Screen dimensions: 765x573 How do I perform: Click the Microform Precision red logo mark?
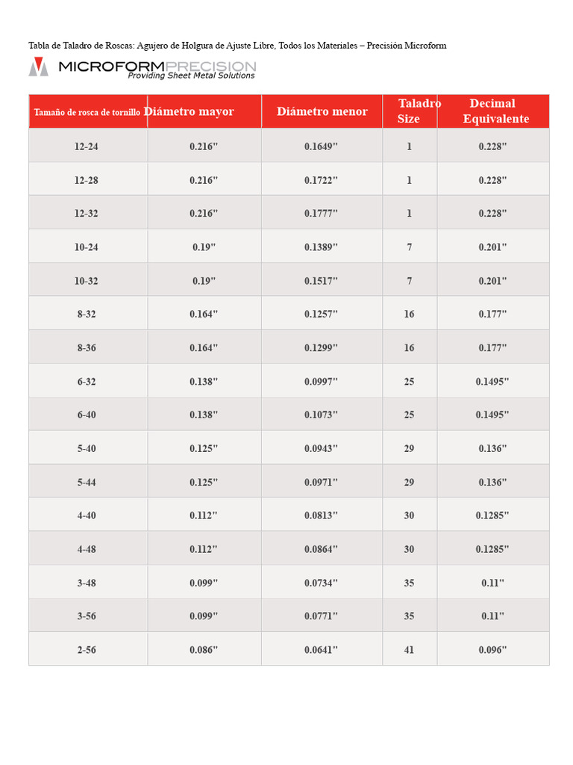(38, 66)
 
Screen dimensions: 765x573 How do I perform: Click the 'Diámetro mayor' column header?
(189, 112)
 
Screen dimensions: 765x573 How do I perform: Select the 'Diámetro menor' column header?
(322, 112)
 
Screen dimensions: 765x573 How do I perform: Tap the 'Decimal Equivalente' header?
(494, 111)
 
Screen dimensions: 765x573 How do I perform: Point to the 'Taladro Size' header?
(410, 111)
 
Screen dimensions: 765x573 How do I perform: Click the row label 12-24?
(87, 146)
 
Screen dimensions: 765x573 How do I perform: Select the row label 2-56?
(87, 650)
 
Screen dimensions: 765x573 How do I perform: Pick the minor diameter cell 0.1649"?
(321, 146)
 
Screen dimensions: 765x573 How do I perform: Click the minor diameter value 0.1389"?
(321, 247)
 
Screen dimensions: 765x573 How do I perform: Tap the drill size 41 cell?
(409, 650)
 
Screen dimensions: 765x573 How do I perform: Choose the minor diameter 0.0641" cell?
(321, 650)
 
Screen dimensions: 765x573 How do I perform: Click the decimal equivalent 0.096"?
(492, 650)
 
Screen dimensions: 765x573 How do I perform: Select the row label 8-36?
(87, 348)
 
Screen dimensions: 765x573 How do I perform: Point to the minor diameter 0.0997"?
(321, 382)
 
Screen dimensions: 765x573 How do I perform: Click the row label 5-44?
(87, 483)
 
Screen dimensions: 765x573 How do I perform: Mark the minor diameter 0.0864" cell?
(321, 549)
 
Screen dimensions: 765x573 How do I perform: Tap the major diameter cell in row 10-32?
(203, 281)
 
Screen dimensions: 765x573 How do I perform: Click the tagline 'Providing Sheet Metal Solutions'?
(191, 75)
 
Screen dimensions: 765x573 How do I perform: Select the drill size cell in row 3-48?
(409, 583)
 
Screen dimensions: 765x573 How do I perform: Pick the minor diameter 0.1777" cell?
(321, 214)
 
